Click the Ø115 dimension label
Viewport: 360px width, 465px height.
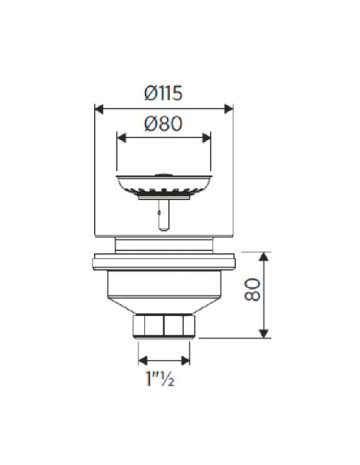pyautogui.click(x=163, y=93)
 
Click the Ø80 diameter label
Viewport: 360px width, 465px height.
pyautogui.click(x=163, y=123)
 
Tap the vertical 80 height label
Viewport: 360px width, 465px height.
pyautogui.click(x=252, y=290)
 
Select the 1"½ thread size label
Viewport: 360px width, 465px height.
pyautogui.click(x=159, y=378)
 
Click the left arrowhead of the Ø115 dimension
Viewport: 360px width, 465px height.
pyautogui.click(x=99, y=109)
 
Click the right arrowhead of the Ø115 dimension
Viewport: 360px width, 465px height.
pyautogui.click(x=229, y=109)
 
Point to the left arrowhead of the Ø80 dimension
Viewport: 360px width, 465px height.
pyautogui.click(x=121, y=138)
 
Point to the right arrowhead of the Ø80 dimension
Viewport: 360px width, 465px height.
pyautogui.click(x=206, y=138)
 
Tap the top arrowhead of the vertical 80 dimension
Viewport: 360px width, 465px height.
pyautogui.click(x=264, y=256)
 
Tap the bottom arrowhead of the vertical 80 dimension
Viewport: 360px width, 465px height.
pyautogui.click(x=264, y=334)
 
